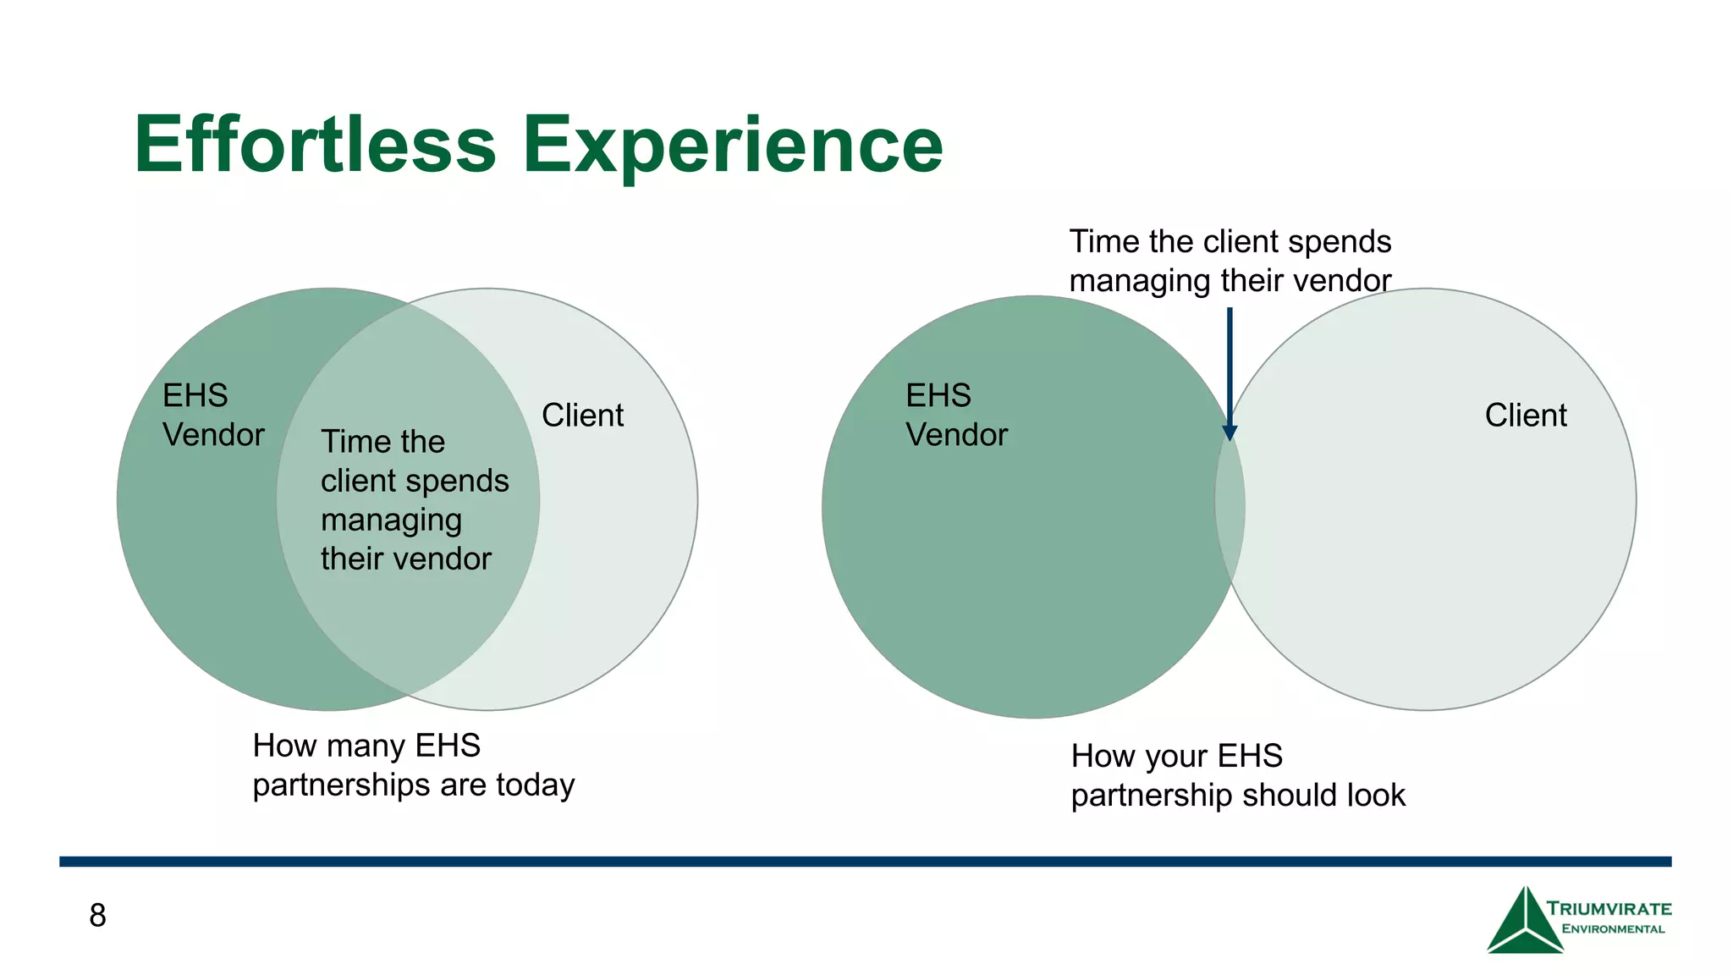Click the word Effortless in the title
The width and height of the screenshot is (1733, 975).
pyautogui.click(x=315, y=145)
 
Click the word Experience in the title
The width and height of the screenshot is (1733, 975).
pyautogui.click(x=732, y=146)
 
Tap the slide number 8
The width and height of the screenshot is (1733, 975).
pyautogui.click(x=98, y=915)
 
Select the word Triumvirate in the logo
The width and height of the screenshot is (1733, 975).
pyautogui.click(x=1609, y=909)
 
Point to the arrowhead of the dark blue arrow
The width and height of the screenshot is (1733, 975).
pyautogui.click(x=1230, y=432)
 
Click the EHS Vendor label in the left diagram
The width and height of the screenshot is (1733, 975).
pyautogui.click(x=212, y=415)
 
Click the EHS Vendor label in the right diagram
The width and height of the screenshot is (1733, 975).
pyautogui.click(x=956, y=415)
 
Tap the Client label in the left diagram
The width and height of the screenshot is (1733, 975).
pyautogui.click(x=582, y=416)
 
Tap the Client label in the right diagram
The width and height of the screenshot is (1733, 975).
pyautogui.click(x=1526, y=416)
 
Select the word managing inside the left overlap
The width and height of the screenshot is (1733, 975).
pyautogui.click(x=391, y=520)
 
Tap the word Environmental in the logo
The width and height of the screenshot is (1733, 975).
pyautogui.click(x=1613, y=929)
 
